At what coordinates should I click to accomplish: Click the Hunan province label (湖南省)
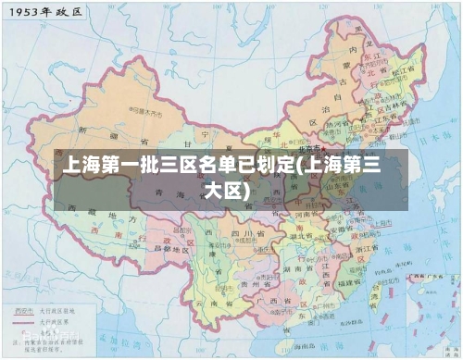296,260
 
